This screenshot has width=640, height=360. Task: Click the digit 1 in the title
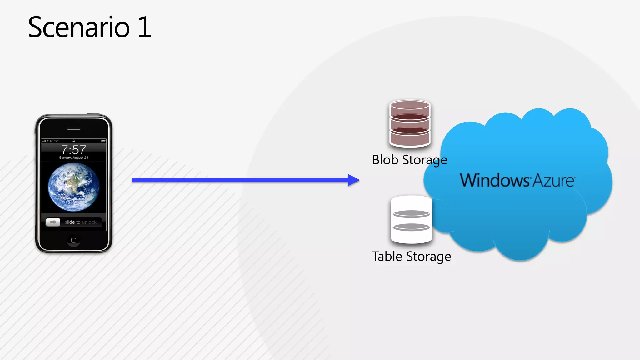pyautogui.click(x=144, y=27)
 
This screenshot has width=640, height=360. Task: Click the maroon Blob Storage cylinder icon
pyautogui.click(x=410, y=123)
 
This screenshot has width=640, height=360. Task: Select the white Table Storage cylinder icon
pyautogui.click(x=411, y=220)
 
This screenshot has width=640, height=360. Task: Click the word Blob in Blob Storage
pyautogui.click(x=385, y=160)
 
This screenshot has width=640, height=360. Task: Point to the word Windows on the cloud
pyautogui.click(x=494, y=181)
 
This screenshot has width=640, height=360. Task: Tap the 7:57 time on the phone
pyautogui.click(x=73, y=150)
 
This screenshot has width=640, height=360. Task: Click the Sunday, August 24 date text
pyautogui.click(x=73, y=157)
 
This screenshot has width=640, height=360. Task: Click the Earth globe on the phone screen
pyautogui.click(x=73, y=187)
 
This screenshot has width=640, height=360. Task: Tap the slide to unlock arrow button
pyautogui.click(x=53, y=222)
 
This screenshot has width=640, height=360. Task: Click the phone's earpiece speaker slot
pyautogui.click(x=74, y=129)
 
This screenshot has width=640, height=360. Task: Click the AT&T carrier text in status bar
pyautogui.click(x=50, y=141)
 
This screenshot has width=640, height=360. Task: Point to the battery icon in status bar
pyautogui.click(x=103, y=141)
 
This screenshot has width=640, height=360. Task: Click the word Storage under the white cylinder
pyautogui.click(x=428, y=257)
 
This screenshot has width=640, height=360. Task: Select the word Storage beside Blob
pyautogui.click(x=425, y=160)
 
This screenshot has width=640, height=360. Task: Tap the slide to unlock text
pyautogui.click(x=81, y=222)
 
